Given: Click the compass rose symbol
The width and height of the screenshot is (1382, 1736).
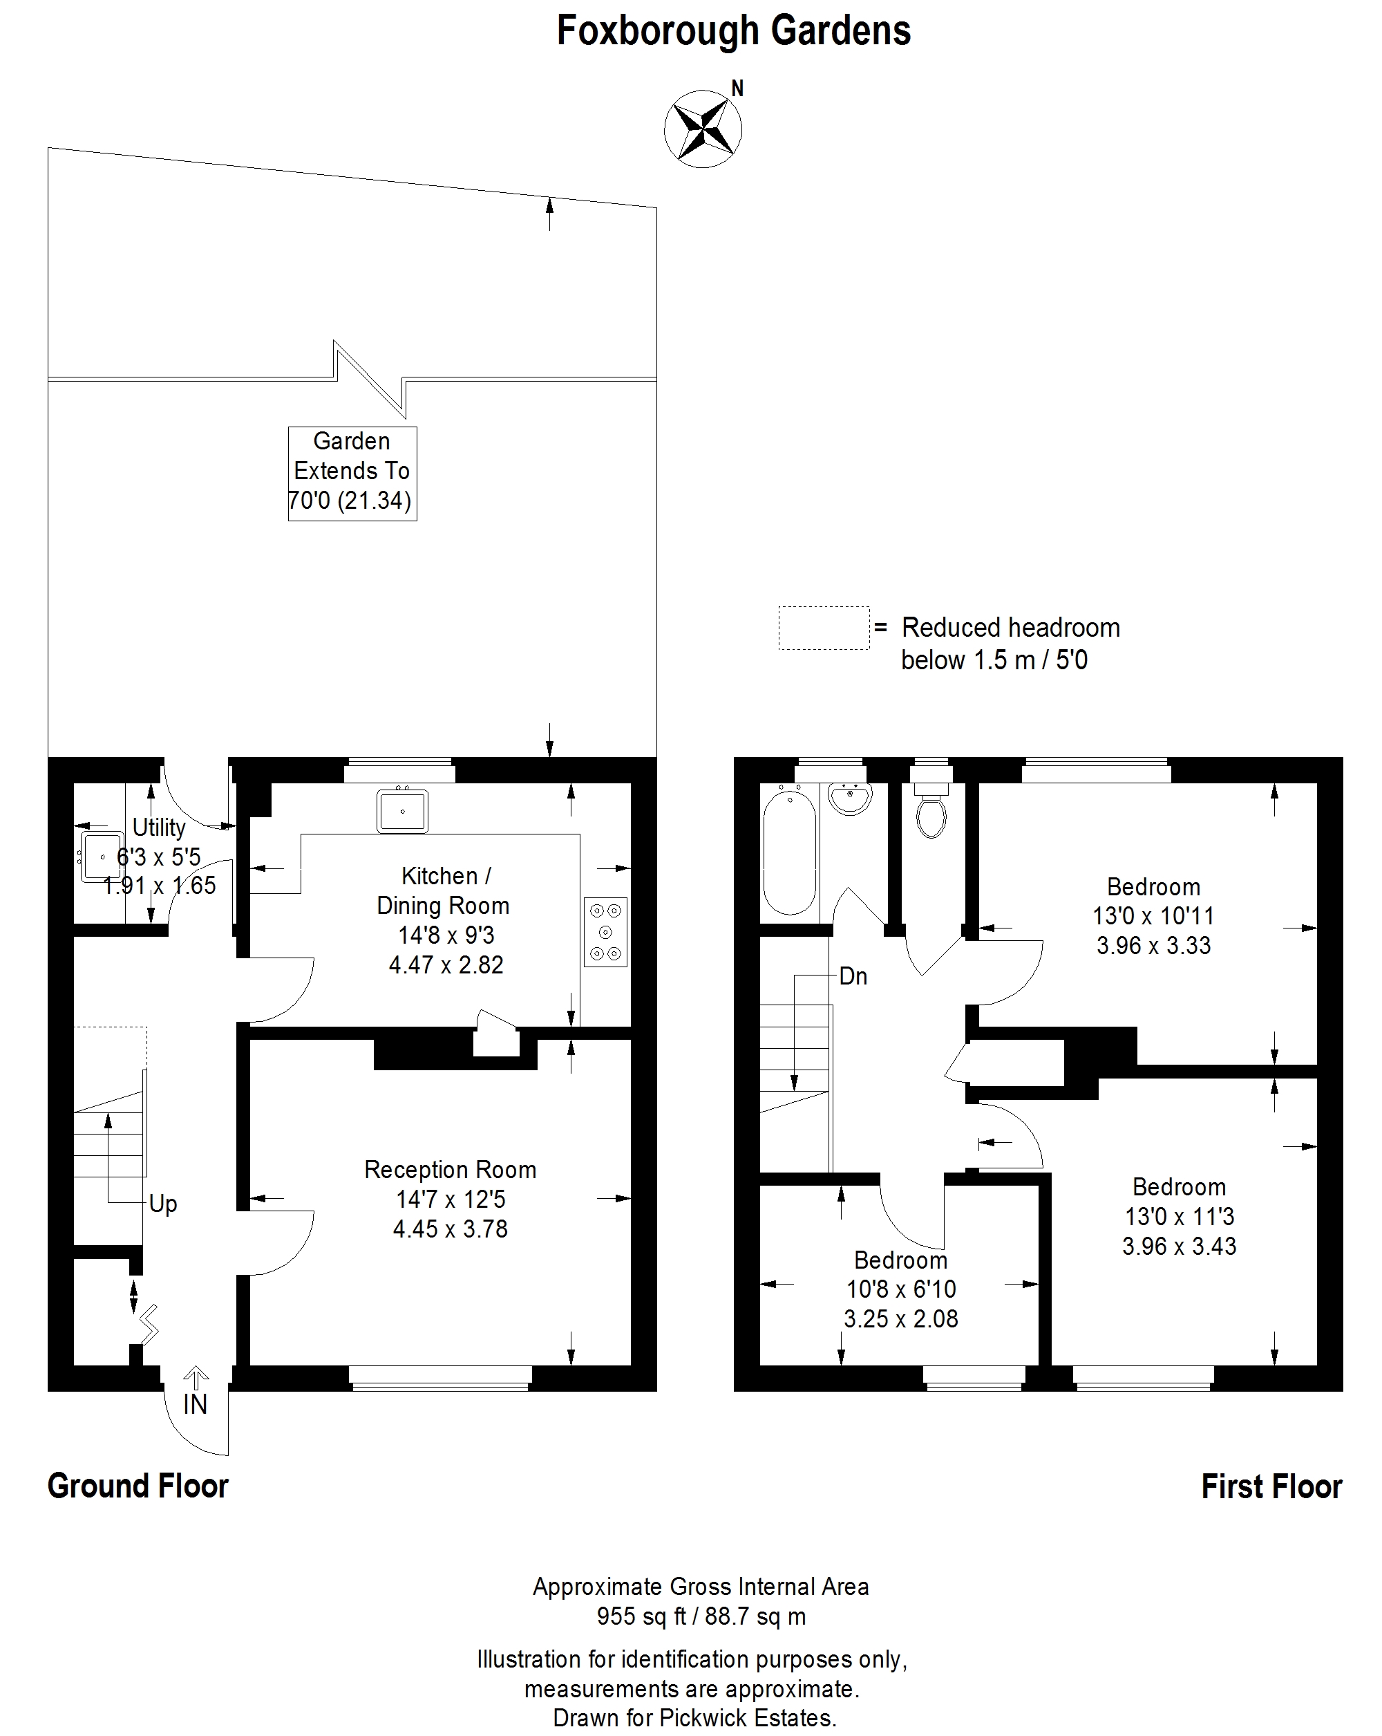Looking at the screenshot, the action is coord(703,129).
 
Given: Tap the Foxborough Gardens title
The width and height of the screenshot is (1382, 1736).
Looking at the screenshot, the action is coord(733,31).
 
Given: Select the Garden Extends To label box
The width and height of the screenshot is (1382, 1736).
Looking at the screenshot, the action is coord(352,474).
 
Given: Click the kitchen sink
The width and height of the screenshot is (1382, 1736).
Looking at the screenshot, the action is coord(401,811).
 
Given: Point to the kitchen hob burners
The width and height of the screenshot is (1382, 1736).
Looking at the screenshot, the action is coord(605,933).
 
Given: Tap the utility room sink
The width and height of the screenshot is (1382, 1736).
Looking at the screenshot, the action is coord(102,857).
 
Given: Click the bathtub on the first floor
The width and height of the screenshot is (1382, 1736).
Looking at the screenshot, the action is coord(789,852).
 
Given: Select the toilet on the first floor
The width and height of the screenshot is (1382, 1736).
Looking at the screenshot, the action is coord(931,809).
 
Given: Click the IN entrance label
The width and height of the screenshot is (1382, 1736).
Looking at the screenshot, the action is coord(196,1404).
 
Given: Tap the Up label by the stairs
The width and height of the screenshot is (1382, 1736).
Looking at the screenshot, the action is coord(162,1204).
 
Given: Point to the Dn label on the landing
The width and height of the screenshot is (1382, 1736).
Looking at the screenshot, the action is coord(853,976).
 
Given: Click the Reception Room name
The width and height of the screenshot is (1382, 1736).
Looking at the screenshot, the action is coord(450,1169).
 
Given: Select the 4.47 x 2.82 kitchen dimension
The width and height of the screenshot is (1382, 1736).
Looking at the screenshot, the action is coord(446,964).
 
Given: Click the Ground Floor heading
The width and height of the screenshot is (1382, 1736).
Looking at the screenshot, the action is coord(138,1486).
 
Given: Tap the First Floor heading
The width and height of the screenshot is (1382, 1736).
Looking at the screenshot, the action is coord(1271,1486).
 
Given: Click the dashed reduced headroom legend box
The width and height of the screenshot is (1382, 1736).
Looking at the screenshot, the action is coord(824,628).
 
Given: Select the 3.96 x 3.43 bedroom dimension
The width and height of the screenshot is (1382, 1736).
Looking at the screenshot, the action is coord(1179,1246).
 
